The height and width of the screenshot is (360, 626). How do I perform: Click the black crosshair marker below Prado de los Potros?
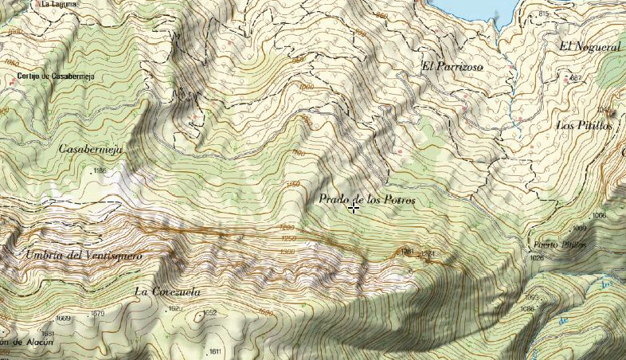353,207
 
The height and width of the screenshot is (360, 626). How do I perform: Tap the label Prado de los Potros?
366,199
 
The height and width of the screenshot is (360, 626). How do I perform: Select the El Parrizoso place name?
452,66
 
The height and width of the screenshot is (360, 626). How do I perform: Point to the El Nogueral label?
589,47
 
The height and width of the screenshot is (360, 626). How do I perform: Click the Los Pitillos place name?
583,126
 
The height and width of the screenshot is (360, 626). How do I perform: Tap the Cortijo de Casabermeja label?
50,76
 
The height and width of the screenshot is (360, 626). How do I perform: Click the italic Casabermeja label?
89,148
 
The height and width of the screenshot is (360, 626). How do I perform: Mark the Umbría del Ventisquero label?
84,256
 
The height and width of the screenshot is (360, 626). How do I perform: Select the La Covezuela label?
165,291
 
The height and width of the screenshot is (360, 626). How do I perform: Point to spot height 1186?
100,170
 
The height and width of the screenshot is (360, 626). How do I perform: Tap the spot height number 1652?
209,313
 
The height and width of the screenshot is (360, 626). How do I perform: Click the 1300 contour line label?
288,252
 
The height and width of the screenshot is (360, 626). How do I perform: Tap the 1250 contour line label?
288,239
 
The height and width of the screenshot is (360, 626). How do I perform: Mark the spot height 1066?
599,216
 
